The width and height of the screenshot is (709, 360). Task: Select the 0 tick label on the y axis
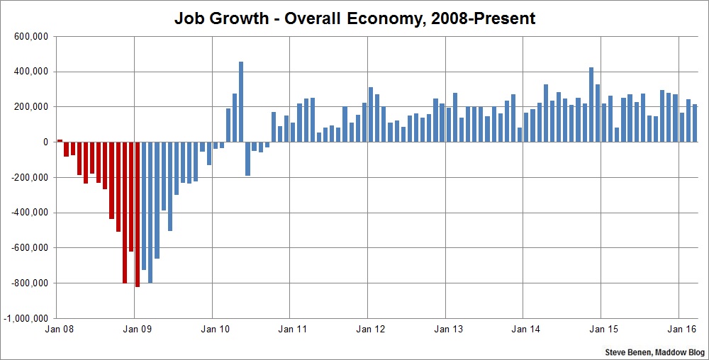[x=45, y=142]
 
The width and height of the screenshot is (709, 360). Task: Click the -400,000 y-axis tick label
[x=28, y=213]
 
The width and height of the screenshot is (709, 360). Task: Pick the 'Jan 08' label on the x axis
[x=58, y=329]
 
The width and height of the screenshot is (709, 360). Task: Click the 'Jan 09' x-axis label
[x=136, y=329]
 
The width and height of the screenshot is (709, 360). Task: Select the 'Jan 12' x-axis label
[x=369, y=329]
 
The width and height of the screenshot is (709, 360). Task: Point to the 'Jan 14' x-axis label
[x=525, y=329]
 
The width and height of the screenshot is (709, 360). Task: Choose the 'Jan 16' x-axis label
[x=680, y=329]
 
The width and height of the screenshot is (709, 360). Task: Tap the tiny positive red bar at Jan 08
[x=60, y=140]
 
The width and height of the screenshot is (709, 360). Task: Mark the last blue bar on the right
[x=695, y=123]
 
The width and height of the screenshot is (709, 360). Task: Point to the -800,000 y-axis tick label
[x=28, y=283]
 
